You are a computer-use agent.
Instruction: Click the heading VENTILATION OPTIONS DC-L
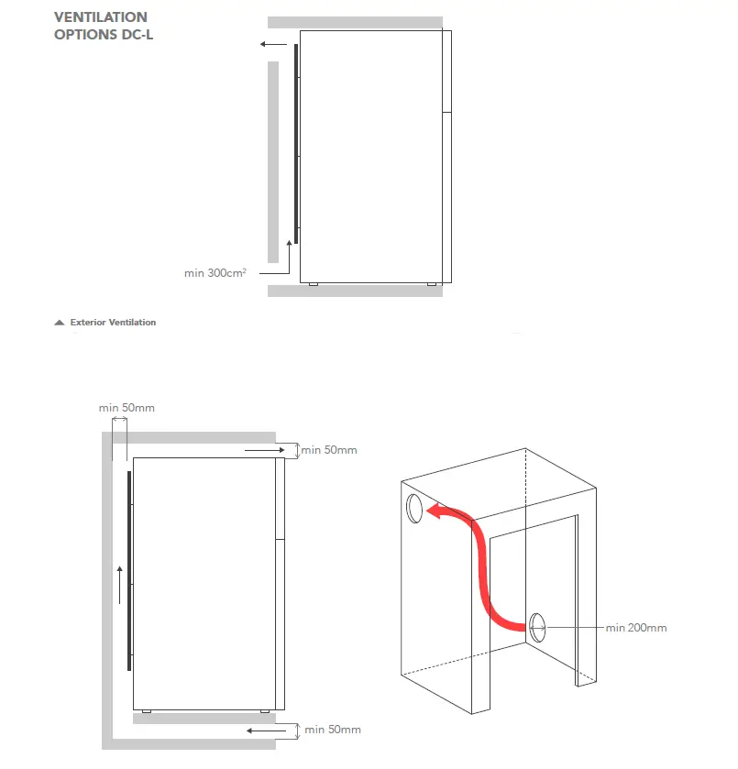point(101,26)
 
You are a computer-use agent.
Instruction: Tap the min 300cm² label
point(215,272)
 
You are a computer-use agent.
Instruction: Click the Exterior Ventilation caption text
point(113,323)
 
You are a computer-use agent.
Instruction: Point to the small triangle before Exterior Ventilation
point(60,323)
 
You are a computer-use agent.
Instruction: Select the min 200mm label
point(635,628)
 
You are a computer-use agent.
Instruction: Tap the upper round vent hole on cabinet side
point(413,507)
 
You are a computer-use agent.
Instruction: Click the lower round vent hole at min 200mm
point(537,627)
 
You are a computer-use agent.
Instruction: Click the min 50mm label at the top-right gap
point(329,450)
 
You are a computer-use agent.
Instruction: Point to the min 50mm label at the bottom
point(332,730)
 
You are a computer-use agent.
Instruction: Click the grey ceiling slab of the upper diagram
point(355,22)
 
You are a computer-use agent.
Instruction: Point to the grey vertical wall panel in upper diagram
point(272,160)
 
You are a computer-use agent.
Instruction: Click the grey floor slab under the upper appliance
point(355,291)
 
